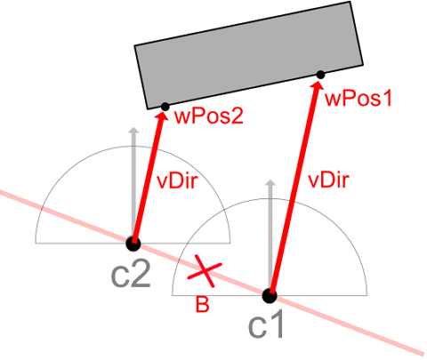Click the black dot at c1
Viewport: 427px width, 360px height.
[x=270, y=296]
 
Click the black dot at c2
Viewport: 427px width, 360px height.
[x=133, y=244]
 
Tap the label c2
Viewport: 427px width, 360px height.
[x=131, y=275]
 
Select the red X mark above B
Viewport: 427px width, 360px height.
[x=205, y=270]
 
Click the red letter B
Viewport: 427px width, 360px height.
[x=203, y=304]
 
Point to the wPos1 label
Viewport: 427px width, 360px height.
[x=359, y=99]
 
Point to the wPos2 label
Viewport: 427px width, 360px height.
[x=209, y=116]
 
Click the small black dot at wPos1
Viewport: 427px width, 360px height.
[x=320, y=75]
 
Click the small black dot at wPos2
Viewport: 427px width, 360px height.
[x=165, y=107]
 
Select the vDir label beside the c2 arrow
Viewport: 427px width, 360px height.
[x=177, y=180]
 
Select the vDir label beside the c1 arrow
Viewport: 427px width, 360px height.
[x=329, y=180]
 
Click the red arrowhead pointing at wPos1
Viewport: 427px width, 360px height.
[x=318, y=86]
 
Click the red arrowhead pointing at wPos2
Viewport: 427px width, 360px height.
[x=162, y=117]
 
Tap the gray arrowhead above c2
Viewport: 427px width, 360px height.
[x=134, y=131]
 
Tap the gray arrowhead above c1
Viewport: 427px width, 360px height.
[x=270, y=183]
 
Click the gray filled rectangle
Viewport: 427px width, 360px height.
[x=249, y=55]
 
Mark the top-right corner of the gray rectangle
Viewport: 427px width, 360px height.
[x=350, y=2]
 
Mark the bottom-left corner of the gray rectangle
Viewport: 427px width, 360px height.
[x=148, y=109]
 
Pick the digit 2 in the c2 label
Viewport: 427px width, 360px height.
[x=141, y=275]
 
